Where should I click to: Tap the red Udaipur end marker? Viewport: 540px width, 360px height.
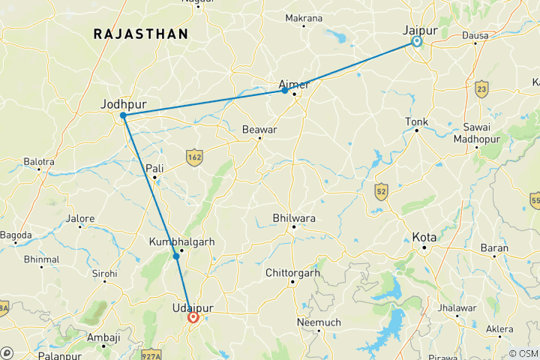[193, 317]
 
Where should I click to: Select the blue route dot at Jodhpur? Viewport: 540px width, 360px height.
[122, 115]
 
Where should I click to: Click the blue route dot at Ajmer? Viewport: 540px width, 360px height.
[285, 91]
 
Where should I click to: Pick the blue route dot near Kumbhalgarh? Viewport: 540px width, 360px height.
[176, 256]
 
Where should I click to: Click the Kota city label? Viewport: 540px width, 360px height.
[424, 237]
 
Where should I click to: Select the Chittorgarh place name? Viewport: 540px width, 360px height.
[293, 273]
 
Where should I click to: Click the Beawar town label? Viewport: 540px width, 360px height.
[259, 129]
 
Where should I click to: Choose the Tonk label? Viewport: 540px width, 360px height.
[416, 121]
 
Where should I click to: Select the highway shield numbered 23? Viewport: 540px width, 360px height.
[481, 88]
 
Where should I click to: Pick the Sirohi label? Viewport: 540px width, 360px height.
[104, 275]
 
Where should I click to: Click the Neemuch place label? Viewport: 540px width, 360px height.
[319, 322]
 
